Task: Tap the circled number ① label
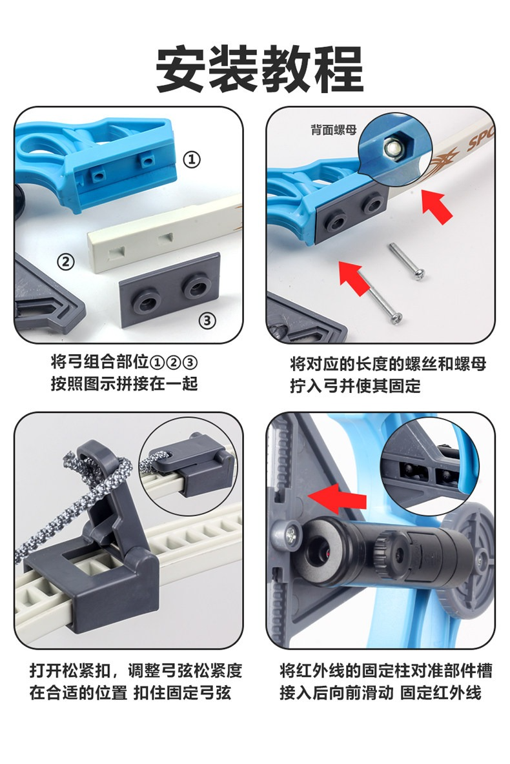click(192, 159)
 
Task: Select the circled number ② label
click(66, 261)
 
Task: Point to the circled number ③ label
click(207, 320)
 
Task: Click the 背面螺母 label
click(334, 130)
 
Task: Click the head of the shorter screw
click(419, 274)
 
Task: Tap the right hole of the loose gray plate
click(196, 288)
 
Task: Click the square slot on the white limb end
click(117, 252)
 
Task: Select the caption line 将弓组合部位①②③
click(125, 362)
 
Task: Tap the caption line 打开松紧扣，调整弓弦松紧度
click(136, 670)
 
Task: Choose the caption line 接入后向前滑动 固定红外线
click(380, 692)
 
